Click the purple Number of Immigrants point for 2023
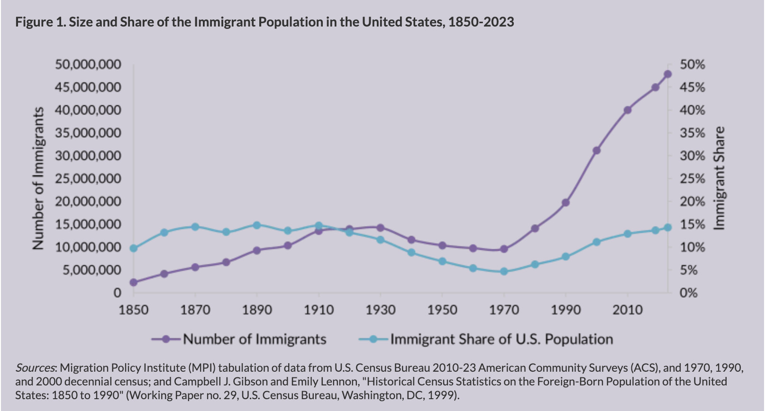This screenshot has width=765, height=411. tap(667, 74)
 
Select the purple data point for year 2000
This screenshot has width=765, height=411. tap(596, 151)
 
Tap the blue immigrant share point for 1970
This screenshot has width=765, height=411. tap(504, 272)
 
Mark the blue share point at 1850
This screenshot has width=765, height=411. tap(134, 249)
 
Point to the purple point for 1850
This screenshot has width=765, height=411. tap(134, 283)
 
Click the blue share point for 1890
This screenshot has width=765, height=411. tap(257, 225)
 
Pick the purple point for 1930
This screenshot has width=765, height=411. tap(380, 228)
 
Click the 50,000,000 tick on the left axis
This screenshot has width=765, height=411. tap(88, 64)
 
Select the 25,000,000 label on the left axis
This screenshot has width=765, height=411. tap(88, 179)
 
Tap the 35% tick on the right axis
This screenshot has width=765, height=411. tap(692, 133)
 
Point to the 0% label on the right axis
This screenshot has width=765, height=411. tap(689, 293)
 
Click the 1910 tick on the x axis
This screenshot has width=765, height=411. tap(319, 310)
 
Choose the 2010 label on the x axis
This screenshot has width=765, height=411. tap(627, 310)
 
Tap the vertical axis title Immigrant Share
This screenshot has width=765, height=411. tap(719, 178)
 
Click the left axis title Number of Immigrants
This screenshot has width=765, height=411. tap(38, 178)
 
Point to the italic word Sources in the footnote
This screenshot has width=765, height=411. tap(36, 368)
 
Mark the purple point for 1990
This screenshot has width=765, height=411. tap(565, 203)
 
